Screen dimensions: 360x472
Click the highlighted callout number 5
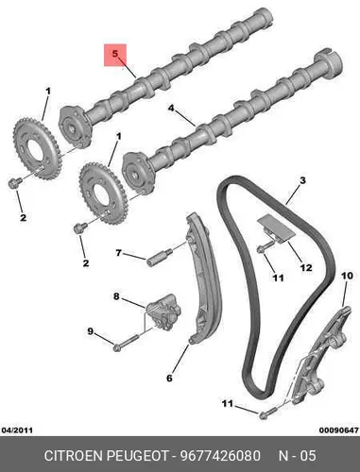click(x=115, y=54)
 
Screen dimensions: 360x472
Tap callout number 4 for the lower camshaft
click(x=171, y=109)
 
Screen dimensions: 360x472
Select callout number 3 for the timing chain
click(x=302, y=180)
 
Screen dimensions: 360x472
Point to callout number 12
click(x=306, y=268)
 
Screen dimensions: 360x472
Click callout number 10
click(x=347, y=276)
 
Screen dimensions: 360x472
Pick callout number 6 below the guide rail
click(x=169, y=378)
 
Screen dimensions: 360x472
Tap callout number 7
click(x=118, y=253)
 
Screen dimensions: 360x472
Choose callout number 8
click(x=116, y=296)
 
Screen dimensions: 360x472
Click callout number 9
click(x=91, y=331)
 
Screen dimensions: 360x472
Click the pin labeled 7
click(x=160, y=257)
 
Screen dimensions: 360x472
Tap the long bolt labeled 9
click(x=127, y=343)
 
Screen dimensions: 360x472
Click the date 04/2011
click(x=17, y=430)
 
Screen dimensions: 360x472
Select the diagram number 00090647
click(x=339, y=430)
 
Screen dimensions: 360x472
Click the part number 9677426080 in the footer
click(x=220, y=456)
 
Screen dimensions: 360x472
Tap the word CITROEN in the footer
click(x=74, y=456)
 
